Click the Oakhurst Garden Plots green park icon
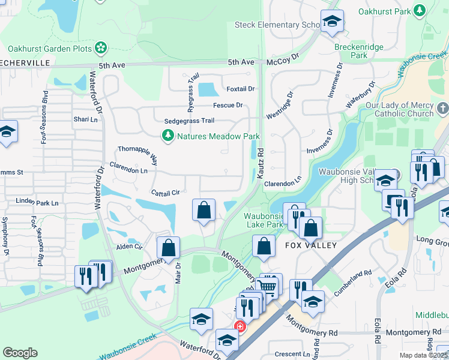(101, 48)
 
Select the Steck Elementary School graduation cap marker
(332, 23)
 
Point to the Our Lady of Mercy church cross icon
(442, 109)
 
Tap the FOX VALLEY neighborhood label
(311, 246)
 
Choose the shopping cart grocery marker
(268, 287)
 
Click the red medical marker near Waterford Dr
(240, 327)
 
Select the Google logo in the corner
(20, 353)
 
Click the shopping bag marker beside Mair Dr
(169, 247)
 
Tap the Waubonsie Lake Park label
(263, 220)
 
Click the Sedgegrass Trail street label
(188, 121)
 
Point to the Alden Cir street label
(129, 246)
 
